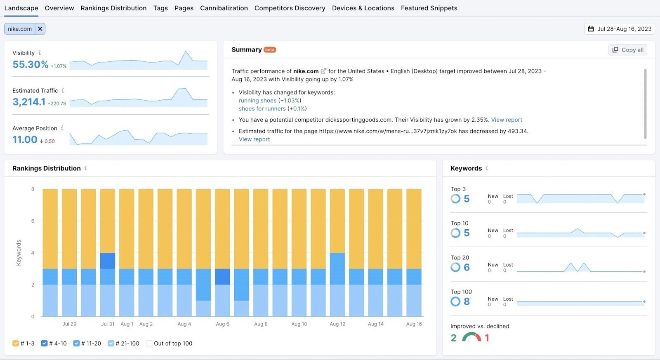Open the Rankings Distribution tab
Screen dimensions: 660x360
click(113, 8)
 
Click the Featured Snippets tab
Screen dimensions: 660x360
click(429, 8)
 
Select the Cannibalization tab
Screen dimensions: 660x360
click(224, 8)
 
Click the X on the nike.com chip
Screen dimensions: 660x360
click(40, 28)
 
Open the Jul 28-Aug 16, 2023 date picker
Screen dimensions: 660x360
click(620, 28)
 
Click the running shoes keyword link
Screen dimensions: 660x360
click(257, 101)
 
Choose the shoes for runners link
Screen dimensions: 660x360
click(262, 108)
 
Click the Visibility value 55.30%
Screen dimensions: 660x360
click(31, 64)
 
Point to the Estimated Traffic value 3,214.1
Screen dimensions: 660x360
click(29, 102)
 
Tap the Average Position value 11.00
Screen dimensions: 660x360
click(25, 140)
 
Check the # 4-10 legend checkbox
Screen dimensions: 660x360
click(44, 343)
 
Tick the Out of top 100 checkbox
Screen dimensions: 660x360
click(149, 343)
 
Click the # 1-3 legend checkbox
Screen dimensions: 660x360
click(16, 343)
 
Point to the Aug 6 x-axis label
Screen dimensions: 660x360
click(222, 324)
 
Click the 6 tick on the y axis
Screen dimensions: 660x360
click(33, 221)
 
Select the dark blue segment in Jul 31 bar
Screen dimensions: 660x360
click(108, 261)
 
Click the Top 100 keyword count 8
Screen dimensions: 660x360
click(467, 301)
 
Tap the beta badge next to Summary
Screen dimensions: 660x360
click(270, 50)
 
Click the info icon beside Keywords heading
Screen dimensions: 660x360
click(487, 168)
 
